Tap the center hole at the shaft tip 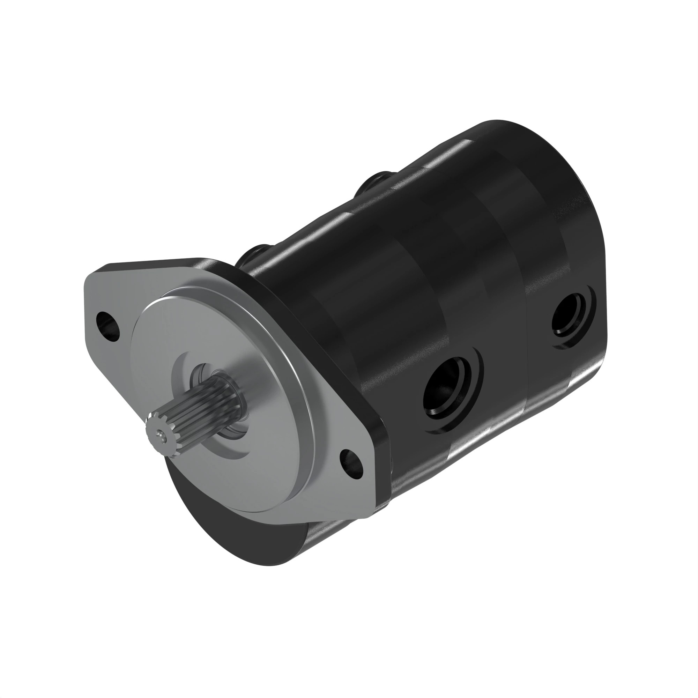pyautogui.click(x=159, y=432)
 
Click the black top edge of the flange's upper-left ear pyautogui.click(x=152, y=261)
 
